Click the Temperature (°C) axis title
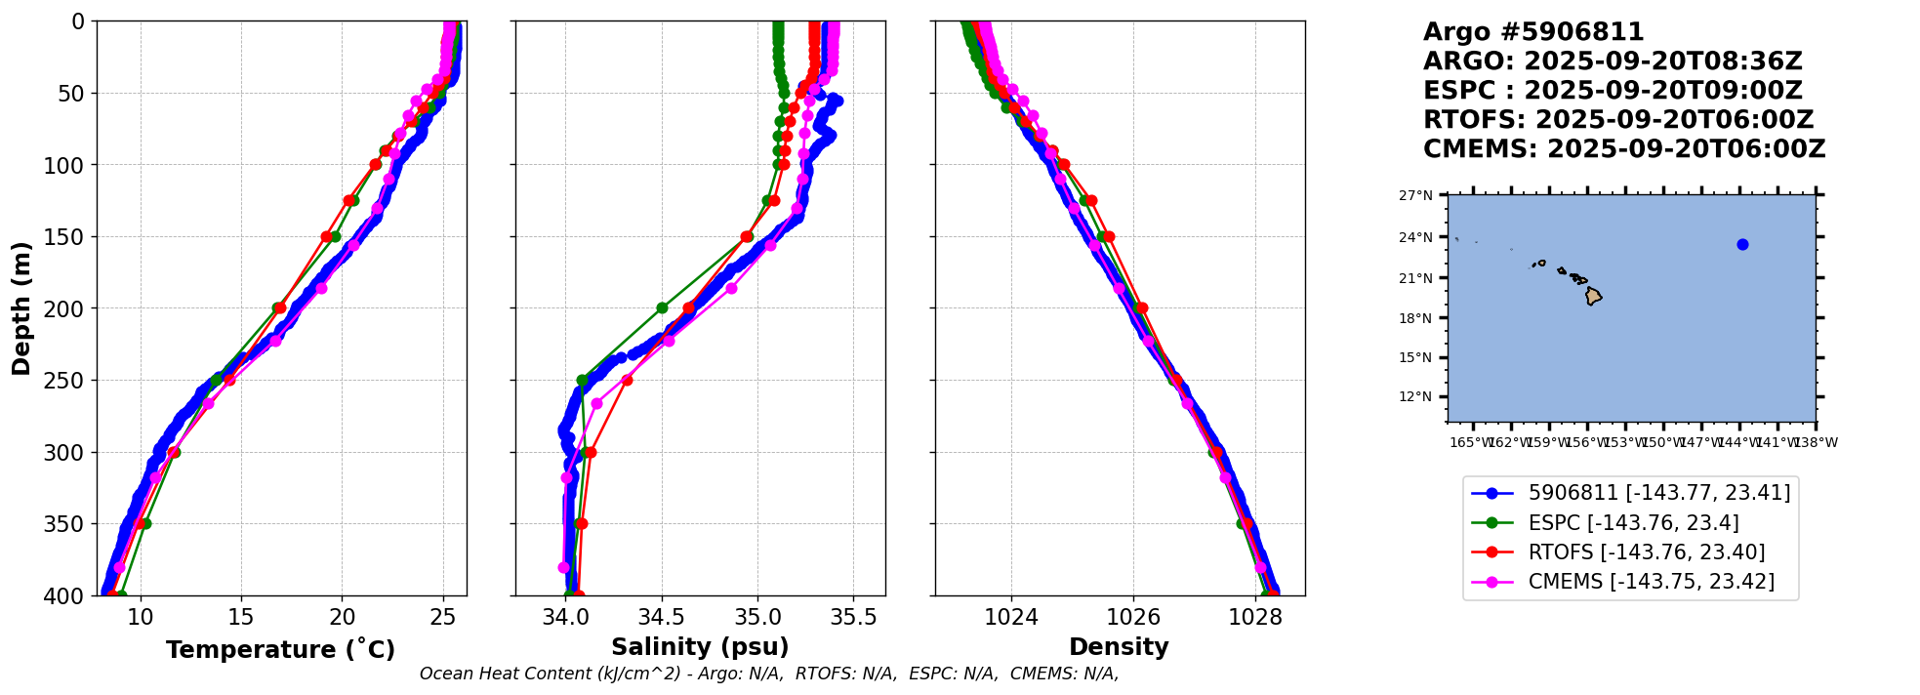pos(280,649)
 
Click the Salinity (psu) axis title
pos(700,647)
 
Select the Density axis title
pos(1119,647)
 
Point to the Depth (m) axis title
pos(21,308)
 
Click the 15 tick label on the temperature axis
pos(241,617)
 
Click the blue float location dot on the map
pos(1742,245)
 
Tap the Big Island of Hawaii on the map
pos(1593,295)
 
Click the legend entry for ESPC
pos(1633,523)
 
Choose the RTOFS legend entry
pos(1646,552)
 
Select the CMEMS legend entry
pos(1651,582)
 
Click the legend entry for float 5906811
pos(1658,493)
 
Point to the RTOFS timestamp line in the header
pos(1617,120)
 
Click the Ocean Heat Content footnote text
pos(769,674)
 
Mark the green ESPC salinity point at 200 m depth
pos(662,308)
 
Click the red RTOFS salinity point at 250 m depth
pos(627,381)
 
